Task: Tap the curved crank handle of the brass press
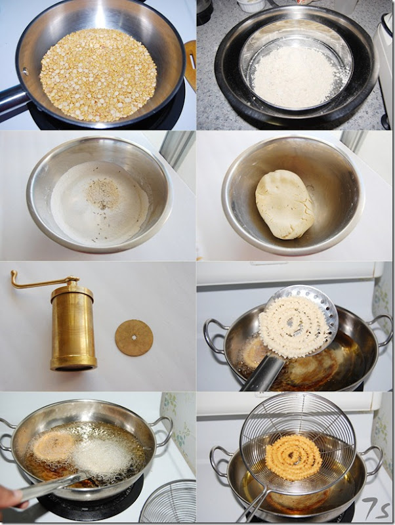tap(40, 282)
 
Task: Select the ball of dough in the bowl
tap(285, 205)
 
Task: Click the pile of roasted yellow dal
tap(98, 75)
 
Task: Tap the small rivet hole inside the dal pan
tap(25, 72)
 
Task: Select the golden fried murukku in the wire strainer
tap(293, 457)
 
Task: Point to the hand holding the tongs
tap(12, 497)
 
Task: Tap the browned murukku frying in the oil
tap(54, 446)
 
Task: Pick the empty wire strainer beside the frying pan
tap(169, 501)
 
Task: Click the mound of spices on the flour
tap(102, 194)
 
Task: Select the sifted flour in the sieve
tap(295, 76)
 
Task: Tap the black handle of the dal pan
tap(12, 100)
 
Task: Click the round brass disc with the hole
tap(134, 338)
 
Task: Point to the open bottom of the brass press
tap(73, 367)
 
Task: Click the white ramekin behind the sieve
tap(251, 5)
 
